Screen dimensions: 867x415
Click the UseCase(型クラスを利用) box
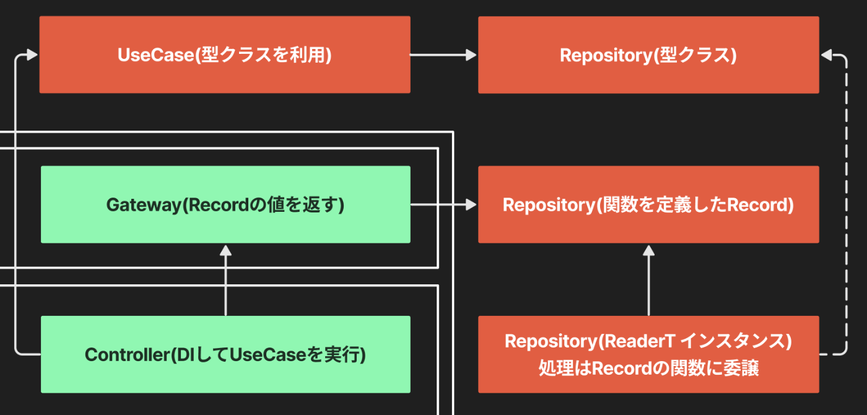225,55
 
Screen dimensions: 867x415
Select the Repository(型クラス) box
649,55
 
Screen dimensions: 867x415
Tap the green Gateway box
225,204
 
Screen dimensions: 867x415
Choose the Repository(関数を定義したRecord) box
649,204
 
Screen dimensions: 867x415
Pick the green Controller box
225,354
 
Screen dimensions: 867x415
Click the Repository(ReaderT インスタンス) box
649,354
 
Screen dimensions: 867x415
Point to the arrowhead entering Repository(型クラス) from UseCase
471,55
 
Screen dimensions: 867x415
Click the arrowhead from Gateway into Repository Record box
471,204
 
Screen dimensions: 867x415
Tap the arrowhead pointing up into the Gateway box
225,250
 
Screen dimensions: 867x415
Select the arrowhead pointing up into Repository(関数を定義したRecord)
649,250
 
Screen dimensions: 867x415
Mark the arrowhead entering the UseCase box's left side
32,55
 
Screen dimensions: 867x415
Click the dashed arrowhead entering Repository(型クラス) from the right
826,55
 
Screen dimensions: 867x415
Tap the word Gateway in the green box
144,205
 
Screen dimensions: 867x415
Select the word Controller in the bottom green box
128,355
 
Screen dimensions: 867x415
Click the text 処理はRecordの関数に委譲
649,368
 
